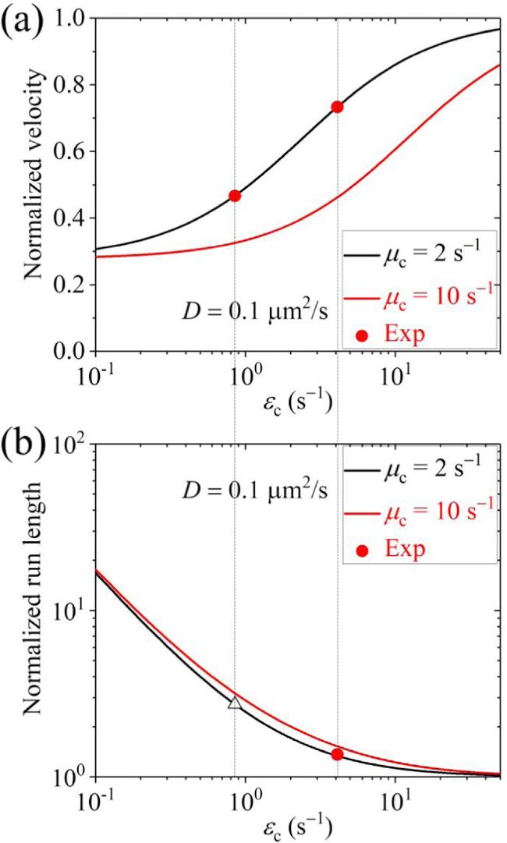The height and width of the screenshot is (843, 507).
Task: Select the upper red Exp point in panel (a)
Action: (337, 107)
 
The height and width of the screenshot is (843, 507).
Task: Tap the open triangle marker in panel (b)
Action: (235, 703)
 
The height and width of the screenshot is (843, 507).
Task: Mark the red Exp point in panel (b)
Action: (337, 754)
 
